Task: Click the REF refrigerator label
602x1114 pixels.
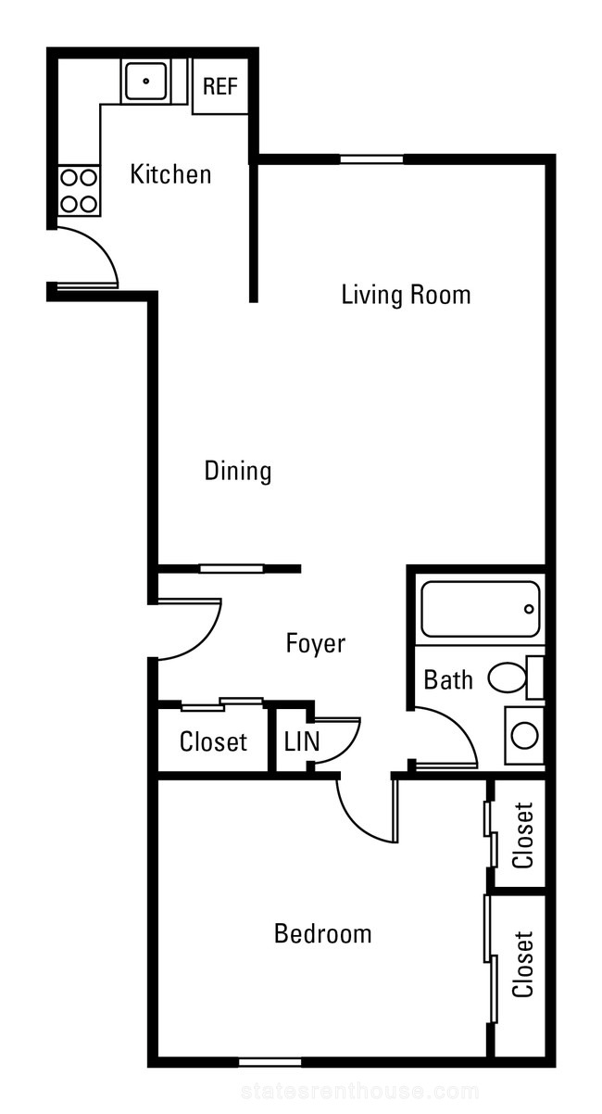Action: click(x=220, y=86)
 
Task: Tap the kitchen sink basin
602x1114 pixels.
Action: click(x=145, y=81)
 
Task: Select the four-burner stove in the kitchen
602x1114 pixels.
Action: click(x=79, y=191)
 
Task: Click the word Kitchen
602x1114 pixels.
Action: click(x=170, y=174)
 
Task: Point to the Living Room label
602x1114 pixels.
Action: click(x=406, y=294)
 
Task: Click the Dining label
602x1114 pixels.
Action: click(x=238, y=471)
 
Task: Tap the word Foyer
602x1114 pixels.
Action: click(x=315, y=643)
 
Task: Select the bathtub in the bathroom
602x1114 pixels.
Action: click(x=480, y=609)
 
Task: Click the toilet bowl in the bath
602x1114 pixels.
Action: click(x=507, y=677)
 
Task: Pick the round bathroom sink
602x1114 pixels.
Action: click(x=524, y=735)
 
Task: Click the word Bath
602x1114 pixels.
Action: click(x=448, y=680)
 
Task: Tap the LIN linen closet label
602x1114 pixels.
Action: click(x=301, y=741)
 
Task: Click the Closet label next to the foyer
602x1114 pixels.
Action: click(x=213, y=742)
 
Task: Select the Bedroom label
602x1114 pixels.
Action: click(x=322, y=933)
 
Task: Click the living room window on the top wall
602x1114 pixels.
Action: click(x=371, y=159)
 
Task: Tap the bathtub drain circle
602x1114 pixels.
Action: click(x=530, y=609)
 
